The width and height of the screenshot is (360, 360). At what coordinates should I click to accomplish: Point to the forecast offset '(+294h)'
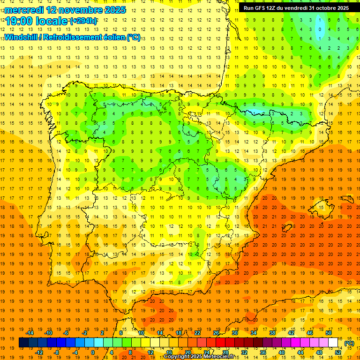83,21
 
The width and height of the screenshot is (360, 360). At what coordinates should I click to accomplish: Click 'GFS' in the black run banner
260,8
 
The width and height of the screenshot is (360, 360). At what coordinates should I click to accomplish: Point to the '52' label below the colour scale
338,352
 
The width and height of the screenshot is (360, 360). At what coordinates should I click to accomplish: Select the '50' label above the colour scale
329,333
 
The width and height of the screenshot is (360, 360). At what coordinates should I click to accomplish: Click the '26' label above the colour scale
216,333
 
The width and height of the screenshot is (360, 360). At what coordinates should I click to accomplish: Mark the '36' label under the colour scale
263,352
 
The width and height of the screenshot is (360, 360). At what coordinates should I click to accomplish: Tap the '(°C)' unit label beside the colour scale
349,343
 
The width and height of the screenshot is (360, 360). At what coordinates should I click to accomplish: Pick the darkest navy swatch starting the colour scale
23,343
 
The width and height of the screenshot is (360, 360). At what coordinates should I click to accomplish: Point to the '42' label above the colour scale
291,333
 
